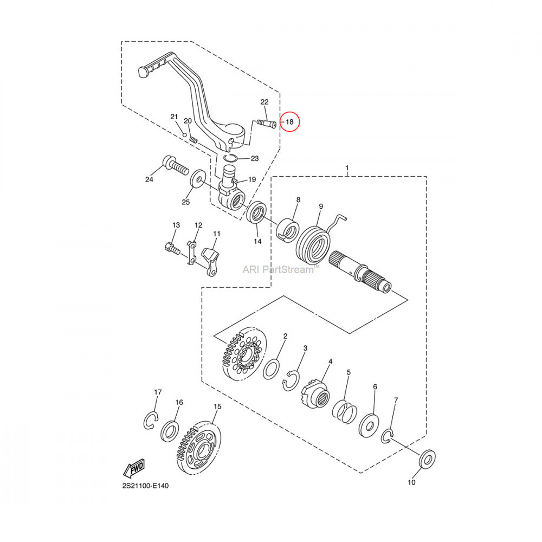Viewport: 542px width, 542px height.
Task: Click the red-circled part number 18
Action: (x=289, y=122)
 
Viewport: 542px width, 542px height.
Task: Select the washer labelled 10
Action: (x=427, y=460)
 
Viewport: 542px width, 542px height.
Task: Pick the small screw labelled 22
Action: (x=266, y=124)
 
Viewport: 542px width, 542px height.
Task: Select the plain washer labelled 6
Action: (x=369, y=426)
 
